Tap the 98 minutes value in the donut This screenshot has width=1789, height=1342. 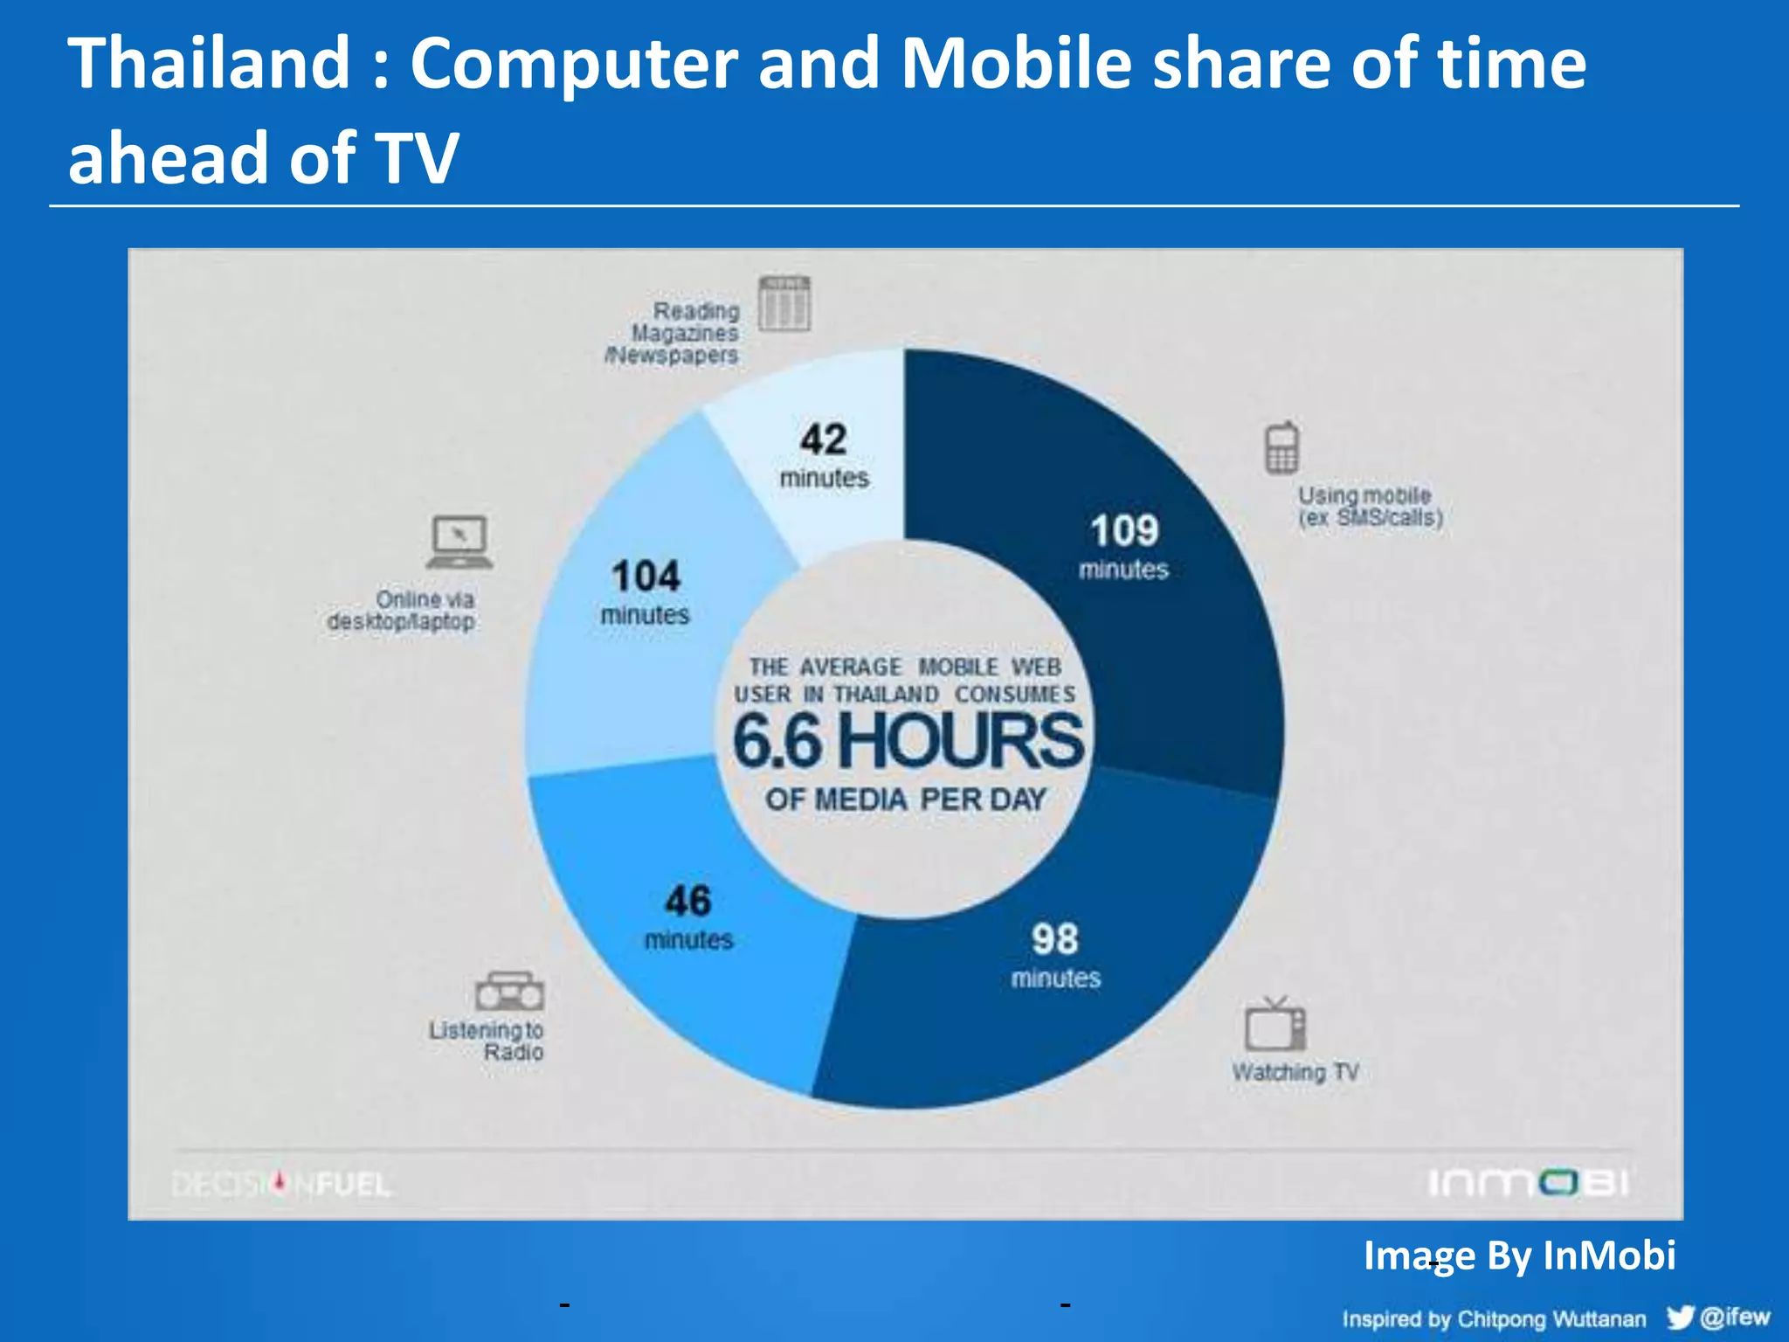[x=1055, y=954]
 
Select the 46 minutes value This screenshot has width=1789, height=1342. [x=688, y=916]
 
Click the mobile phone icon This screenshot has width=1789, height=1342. [x=1281, y=447]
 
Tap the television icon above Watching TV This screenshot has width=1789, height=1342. [x=1275, y=1024]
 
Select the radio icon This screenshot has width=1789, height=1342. [x=509, y=991]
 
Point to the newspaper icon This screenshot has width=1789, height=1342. [x=784, y=303]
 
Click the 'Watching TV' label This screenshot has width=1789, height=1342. [x=1295, y=1072]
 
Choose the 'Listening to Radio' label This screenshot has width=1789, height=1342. [x=487, y=1041]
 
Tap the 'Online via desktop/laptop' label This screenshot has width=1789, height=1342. [x=402, y=611]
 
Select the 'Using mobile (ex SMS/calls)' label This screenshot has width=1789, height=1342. [x=1370, y=507]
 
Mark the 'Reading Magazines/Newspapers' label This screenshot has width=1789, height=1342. [x=673, y=333]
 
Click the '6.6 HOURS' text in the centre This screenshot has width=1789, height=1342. [x=908, y=741]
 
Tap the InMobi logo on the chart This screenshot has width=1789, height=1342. [x=1528, y=1183]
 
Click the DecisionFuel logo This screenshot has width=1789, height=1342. [x=281, y=1185]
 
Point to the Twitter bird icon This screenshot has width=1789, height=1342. [x=1680, y=1317]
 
